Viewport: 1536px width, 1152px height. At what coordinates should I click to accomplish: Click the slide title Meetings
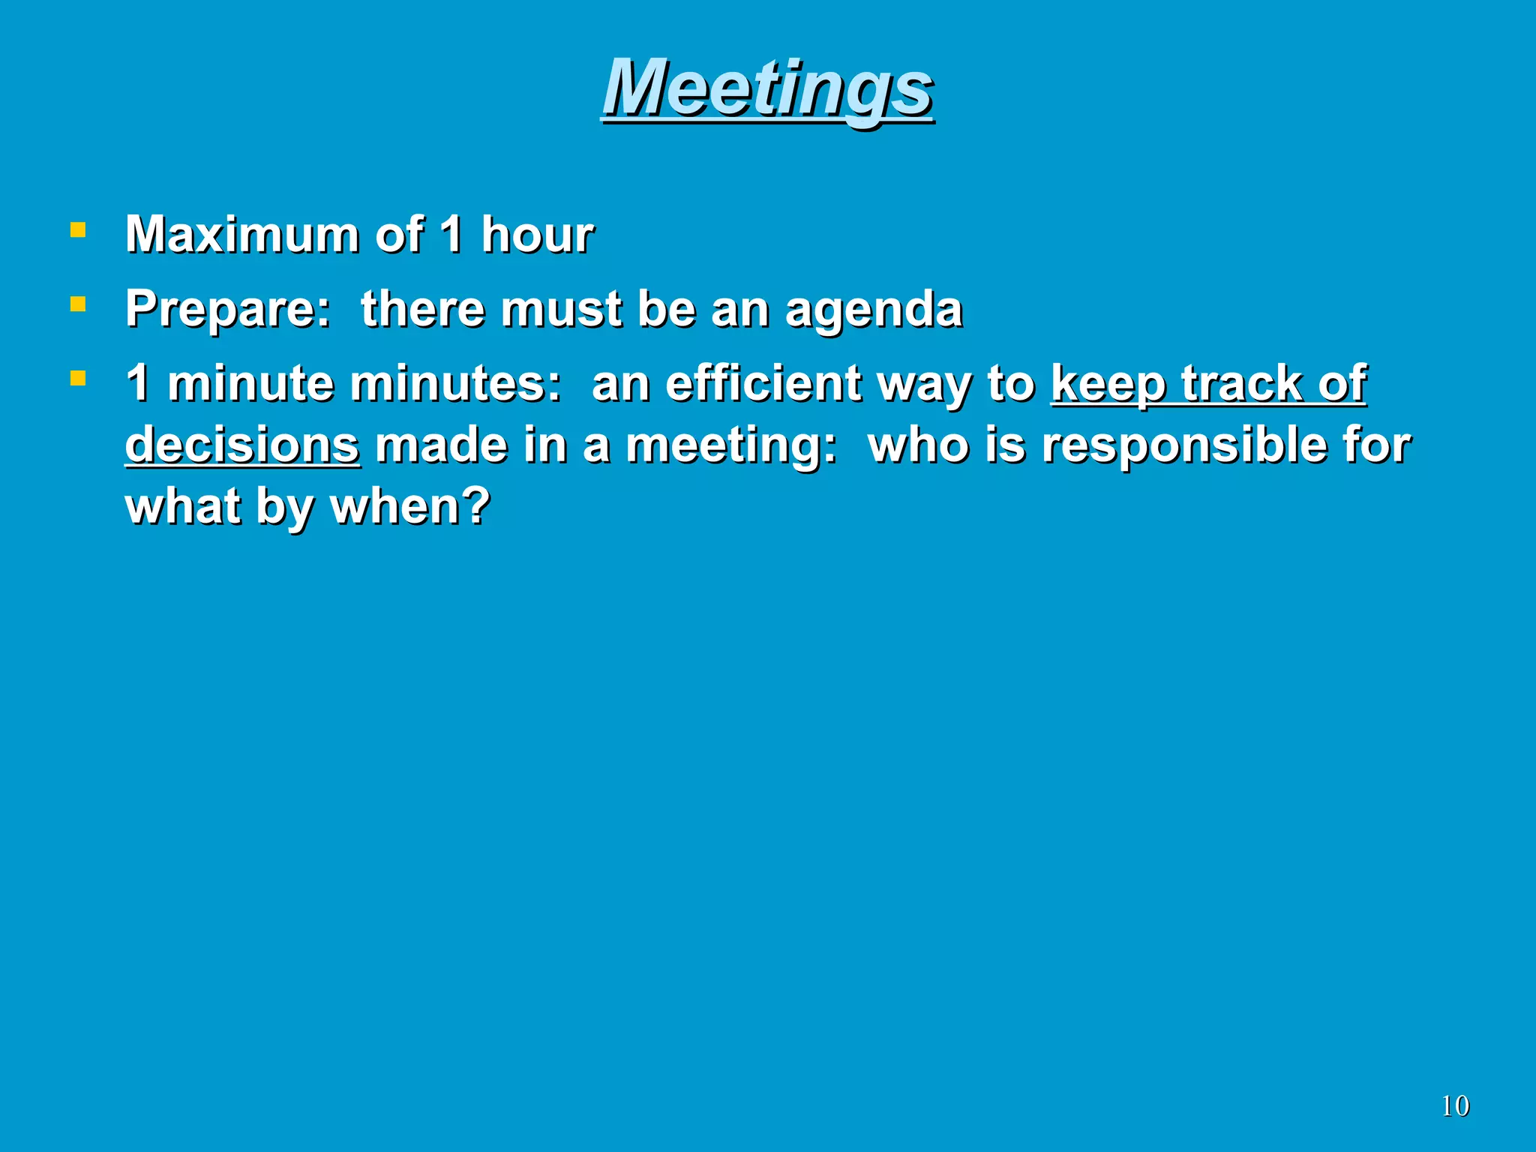tap(767, 88)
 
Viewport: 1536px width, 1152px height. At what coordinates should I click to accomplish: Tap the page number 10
tap(1455, 1106)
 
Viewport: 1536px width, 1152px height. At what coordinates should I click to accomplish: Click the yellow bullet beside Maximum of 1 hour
tap(77, 229)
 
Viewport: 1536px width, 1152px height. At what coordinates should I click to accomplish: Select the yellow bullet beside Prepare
tap(77, 304)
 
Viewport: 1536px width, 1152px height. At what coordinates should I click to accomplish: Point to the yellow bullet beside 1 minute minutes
tap(77, 377)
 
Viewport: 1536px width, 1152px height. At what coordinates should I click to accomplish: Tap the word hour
tap(537, 235)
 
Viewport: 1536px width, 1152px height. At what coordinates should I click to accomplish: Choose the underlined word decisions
tap(242, 445)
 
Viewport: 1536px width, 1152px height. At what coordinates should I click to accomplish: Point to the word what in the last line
tap(182, 506)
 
